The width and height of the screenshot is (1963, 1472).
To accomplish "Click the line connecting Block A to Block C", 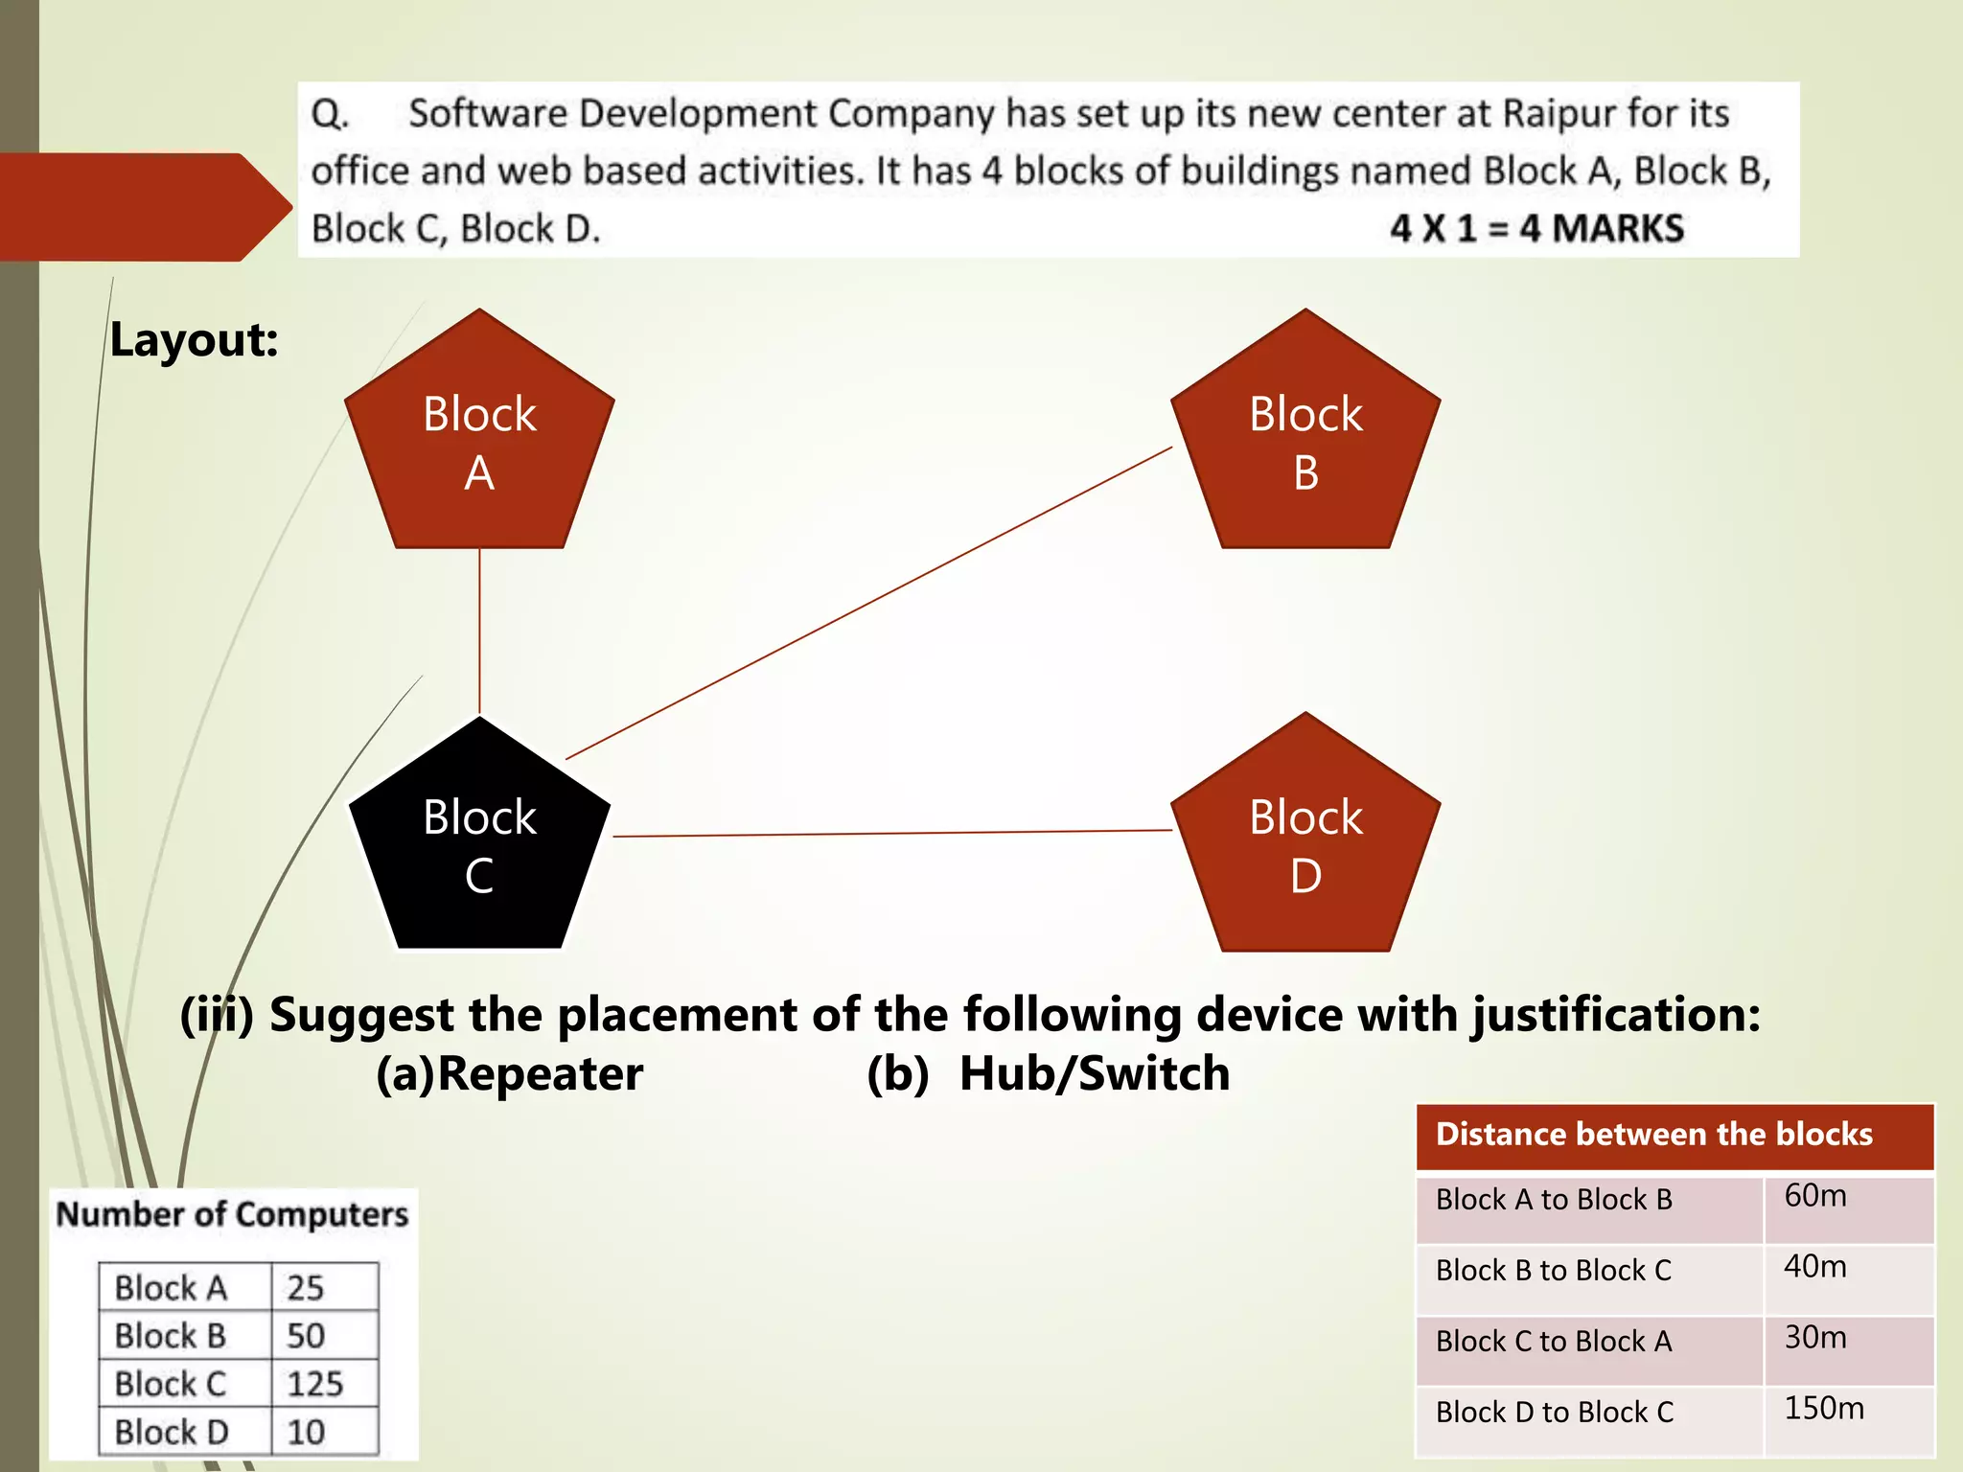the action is coord(479,632).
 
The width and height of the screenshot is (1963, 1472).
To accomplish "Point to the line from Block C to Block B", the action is coord(868,603).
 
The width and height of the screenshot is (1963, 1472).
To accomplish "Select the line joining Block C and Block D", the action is coord(891,834).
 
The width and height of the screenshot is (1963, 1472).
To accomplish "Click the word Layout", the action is coord(194,340).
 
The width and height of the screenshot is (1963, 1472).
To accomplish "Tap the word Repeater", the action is coord(540,1073).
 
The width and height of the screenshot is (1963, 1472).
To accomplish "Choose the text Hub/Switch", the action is coord(1095,1073).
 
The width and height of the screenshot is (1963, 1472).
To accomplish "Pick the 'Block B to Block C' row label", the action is coord(1553,1271).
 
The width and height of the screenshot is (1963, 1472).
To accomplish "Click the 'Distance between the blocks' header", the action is coord(1653,1135).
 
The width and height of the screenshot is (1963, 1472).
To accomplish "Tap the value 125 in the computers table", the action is coord(314,1384).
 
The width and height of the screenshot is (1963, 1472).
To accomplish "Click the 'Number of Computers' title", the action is coord(233,1214).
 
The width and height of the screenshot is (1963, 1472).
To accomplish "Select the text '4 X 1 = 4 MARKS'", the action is coord(1536,229).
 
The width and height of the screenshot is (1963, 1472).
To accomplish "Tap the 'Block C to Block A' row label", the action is coord(1553,1342).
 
